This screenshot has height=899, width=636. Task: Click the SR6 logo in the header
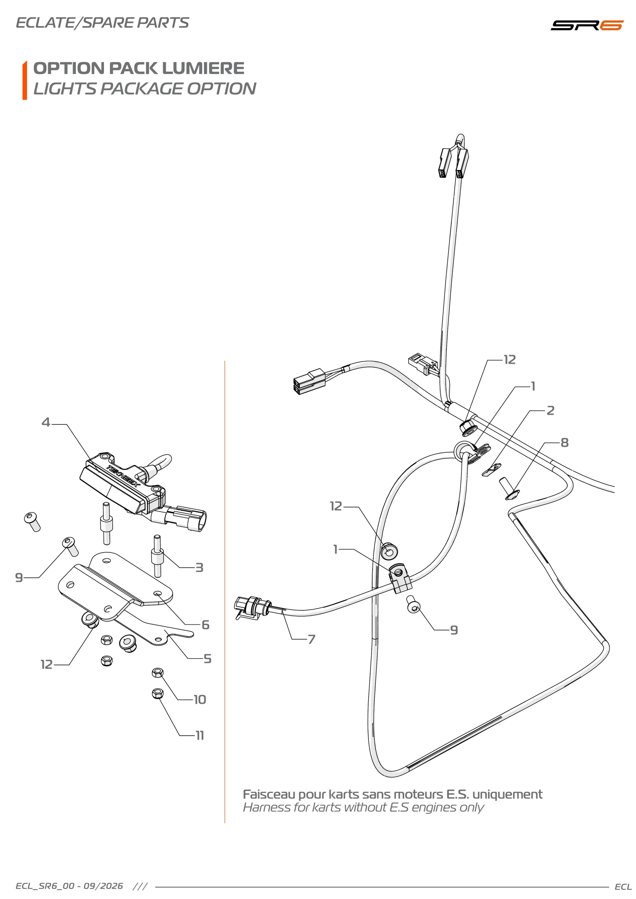[586, 25]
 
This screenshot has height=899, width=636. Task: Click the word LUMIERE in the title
[203, 68]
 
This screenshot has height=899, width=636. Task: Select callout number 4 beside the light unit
[46, 422]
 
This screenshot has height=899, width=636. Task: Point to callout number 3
[199, 568]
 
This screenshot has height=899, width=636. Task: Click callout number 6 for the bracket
[205, 625]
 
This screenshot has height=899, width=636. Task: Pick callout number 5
[208, 659]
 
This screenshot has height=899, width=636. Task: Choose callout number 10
[200, 700]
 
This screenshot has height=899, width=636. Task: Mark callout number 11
[200, 736]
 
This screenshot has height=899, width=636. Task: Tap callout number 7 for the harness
[312, 639]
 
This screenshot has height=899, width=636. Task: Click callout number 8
[564, 443]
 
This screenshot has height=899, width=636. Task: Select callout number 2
[550, 411]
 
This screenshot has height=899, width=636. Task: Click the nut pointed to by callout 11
[157, 694]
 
